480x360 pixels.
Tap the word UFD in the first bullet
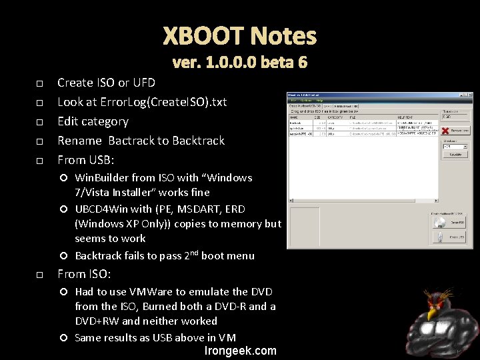(x=144, y=83)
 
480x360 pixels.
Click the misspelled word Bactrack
(x=132, y=141)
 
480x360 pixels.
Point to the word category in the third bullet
(x=104, y=121)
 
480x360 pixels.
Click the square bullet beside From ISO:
(x=39, y=275)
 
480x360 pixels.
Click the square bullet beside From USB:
(x=39, y=161)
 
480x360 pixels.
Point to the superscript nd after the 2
(x=193, y=253)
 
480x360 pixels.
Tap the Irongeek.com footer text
(x=241, y=351)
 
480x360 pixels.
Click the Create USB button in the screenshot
(x=450, y=237)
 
